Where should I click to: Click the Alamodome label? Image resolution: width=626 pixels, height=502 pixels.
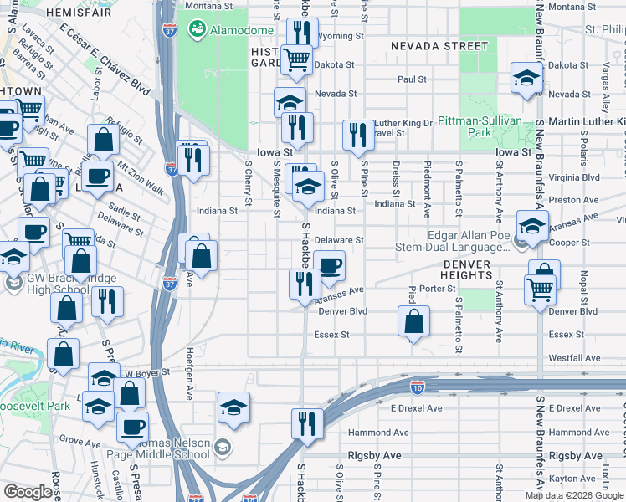click(241, 30)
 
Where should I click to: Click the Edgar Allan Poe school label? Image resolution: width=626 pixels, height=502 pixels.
click(469, 241)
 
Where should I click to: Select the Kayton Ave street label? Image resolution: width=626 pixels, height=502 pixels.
click(574, 479)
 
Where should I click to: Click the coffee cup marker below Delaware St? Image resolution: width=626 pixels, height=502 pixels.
click(330, 267)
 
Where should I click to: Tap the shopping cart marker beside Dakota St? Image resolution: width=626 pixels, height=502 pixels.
click(295, 59)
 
